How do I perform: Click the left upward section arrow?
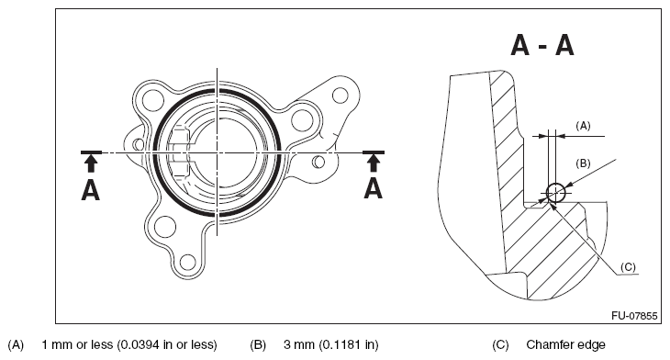tap(90, 163)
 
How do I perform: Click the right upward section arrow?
tap(373, 163)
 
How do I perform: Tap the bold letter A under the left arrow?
tap(90, 189)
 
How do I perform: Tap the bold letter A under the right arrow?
tap(373, 189)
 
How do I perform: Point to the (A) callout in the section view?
tap(582, 123)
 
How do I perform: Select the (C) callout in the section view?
tap(628, 266)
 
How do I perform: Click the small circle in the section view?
tap(554, 192)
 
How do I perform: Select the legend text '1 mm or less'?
tap(128, 345)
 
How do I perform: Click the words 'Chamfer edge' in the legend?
tap(565, 345)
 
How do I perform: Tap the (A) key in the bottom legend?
tap(15, 345)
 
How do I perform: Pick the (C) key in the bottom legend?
tap(500, 345)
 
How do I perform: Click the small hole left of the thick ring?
tap(139, 144)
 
